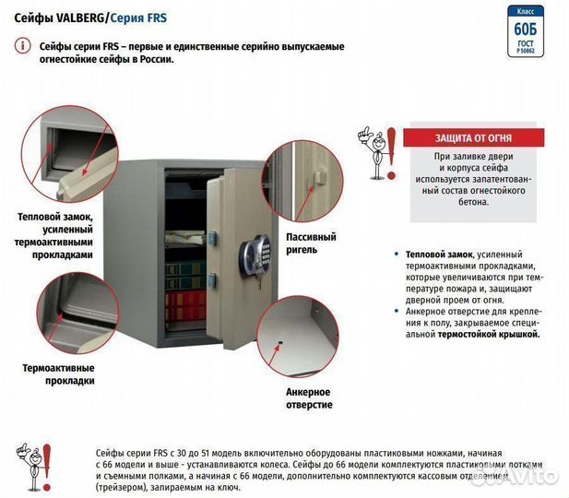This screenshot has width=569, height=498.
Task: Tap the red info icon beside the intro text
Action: [21, 45]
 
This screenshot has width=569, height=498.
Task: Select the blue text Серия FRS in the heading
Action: [139, 16]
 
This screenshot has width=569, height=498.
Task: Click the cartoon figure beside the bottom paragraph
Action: [35, 466]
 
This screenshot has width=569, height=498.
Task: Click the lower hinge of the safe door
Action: [214, 279]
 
